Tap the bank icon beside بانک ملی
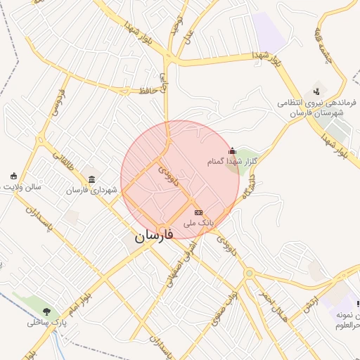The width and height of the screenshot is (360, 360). coord(198,212)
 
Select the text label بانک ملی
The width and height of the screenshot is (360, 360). coord(198,222)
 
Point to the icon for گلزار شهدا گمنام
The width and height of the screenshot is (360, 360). coord(232,150)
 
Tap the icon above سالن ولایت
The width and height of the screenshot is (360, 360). coord(13,176)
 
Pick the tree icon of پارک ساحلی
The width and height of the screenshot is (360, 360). coord(47,311)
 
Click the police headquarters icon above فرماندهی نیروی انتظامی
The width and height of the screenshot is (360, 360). coord(316,91)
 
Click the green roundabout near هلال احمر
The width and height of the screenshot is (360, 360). coord(248,274)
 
